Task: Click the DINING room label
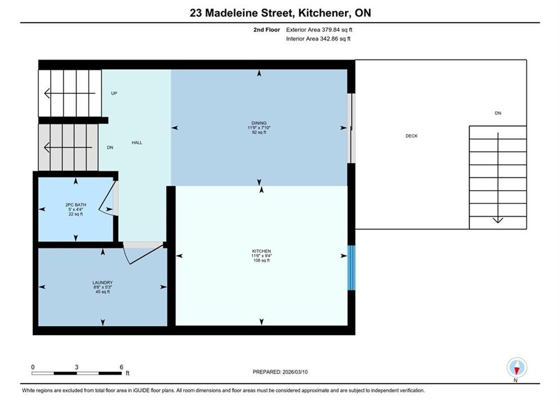(259, 123)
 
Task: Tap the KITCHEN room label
(262, 251)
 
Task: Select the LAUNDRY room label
(102, 282)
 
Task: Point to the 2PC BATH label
(76, 205)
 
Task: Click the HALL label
(137, 142)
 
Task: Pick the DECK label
(411, 136)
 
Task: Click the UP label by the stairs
(114, 93)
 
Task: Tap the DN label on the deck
(498, 113)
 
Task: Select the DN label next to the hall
(110, 147)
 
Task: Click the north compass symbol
(517, 367)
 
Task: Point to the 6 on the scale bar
(122, 367)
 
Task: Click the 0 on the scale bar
(33, 367)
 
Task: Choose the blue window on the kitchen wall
(351, 268)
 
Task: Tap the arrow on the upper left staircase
(70, 93)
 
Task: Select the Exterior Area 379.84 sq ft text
(319, 30)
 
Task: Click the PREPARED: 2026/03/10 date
(280, 372)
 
